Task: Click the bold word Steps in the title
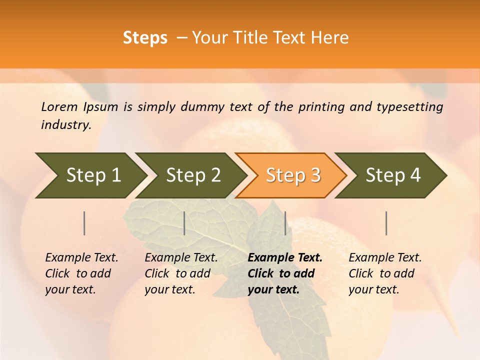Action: point(145,38)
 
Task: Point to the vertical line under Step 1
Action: point(84,223)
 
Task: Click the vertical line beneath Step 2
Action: point(184,223)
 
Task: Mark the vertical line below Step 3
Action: point(285,223)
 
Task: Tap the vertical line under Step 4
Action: point(386,223)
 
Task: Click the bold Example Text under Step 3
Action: point(285,258)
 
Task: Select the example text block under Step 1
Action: point(81,273)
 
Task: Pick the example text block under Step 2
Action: point(181,273)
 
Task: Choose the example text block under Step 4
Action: point(385,273)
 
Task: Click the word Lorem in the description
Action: point(59,106)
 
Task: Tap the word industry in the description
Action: point(66,125)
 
